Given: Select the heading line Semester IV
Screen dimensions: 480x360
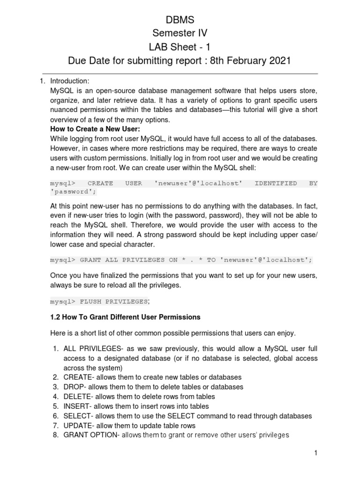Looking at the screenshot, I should click(x=180, y=33).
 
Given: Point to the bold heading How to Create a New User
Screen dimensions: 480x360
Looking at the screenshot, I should click(x=95, y=129).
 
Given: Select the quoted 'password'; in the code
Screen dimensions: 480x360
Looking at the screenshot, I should click(x=71, y=192).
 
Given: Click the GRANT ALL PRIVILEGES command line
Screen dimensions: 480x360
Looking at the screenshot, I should click(x=181, y=260).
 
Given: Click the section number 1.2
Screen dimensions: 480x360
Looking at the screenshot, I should click(x=55, y=317).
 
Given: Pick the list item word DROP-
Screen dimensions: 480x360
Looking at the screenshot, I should click(x=76, y=387).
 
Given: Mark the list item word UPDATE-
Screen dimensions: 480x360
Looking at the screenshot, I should click(x=79, y=426).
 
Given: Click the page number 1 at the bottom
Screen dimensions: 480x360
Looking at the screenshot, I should click(x=316, y=453).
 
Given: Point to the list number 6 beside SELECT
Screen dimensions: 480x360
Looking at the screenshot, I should click(x=55, y=416).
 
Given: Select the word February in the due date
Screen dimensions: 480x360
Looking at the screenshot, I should click(x=239, y=60).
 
